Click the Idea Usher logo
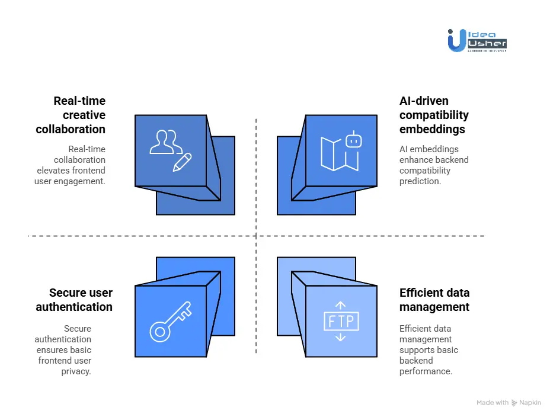[x=477, y=40]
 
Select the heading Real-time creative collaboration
[x=71, y=115]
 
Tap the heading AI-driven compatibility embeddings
[x=434, y=115]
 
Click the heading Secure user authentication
[x=74, y=300]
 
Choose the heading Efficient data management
[x=434, y=300]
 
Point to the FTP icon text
[x=340, y=322]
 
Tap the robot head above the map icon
[x=353, y=140]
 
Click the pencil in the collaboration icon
[x=183, y=162]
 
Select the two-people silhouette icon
[x=165, y=142]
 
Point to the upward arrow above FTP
[x=340, y=305]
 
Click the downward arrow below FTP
[x=340, y=338]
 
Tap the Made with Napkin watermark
[x=509, y=403]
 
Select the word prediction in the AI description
[x=420, y=181]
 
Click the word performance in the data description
[x=426, y=371]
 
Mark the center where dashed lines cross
[x=256, y=236]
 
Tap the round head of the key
[x=159, y=332]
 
